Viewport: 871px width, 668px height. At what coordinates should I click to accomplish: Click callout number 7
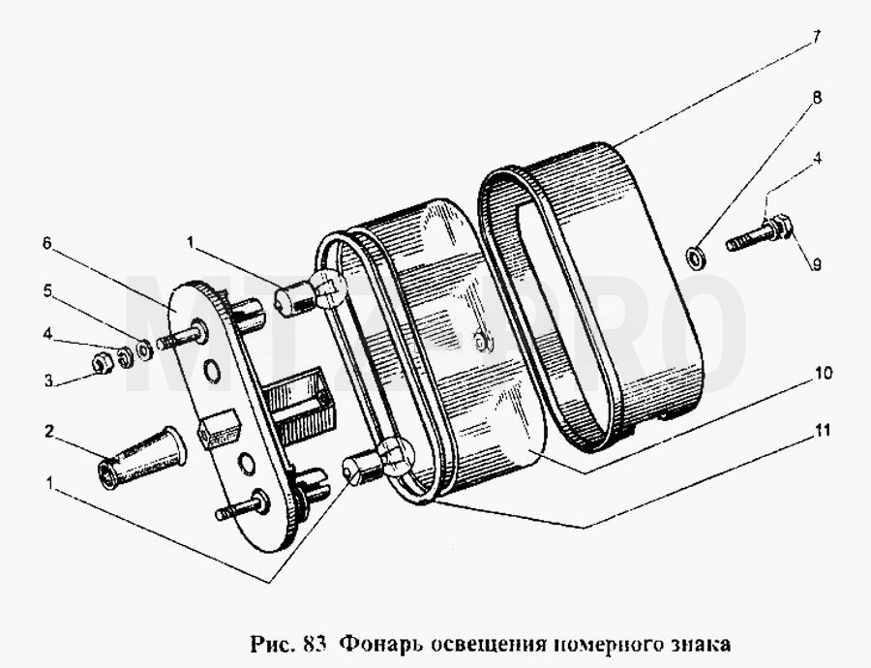pos(816,38)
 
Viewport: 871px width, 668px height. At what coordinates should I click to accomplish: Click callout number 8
pos(816,98)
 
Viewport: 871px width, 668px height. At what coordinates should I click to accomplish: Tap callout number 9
pos(816,265)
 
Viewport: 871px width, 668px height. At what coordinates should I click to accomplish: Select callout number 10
pos(825,373)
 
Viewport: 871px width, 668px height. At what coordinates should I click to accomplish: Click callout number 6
pos(47,243)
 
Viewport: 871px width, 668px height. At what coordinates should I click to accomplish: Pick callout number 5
pos(48,290)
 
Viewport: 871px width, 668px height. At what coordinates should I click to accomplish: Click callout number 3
pos(49,380)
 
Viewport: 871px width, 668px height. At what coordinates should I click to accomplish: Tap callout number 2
pos(49,431)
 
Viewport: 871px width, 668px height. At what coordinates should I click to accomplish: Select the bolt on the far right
pos(760,234)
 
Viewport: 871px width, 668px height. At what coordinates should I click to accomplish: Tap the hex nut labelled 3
pos(103,364)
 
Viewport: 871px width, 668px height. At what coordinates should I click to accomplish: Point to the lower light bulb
pos(377,457)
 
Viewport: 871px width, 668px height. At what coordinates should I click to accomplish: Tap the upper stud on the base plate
pos(182,336)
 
